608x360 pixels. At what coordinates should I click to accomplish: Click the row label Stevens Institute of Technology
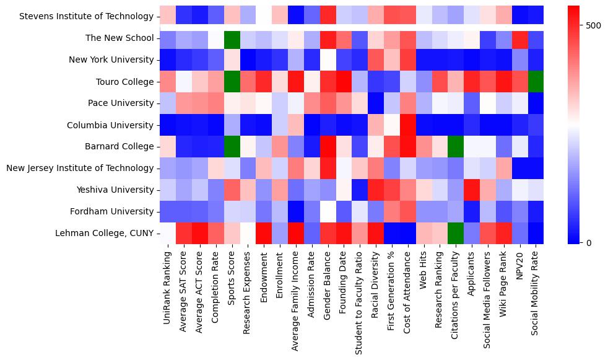click(x=86, y=17)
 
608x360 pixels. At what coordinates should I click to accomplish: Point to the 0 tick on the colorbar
click(x=589, y=242)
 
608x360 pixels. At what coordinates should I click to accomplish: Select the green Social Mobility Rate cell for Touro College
click(x=536, y=82)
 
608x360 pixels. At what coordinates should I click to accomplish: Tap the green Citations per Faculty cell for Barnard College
click(x=456, y=146)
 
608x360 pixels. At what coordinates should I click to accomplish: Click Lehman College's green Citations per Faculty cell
click(x=456, y=233)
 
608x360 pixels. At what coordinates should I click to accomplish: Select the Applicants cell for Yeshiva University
click(x=472, y=190)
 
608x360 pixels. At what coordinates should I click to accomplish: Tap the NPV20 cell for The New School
click(x=520, y=38)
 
